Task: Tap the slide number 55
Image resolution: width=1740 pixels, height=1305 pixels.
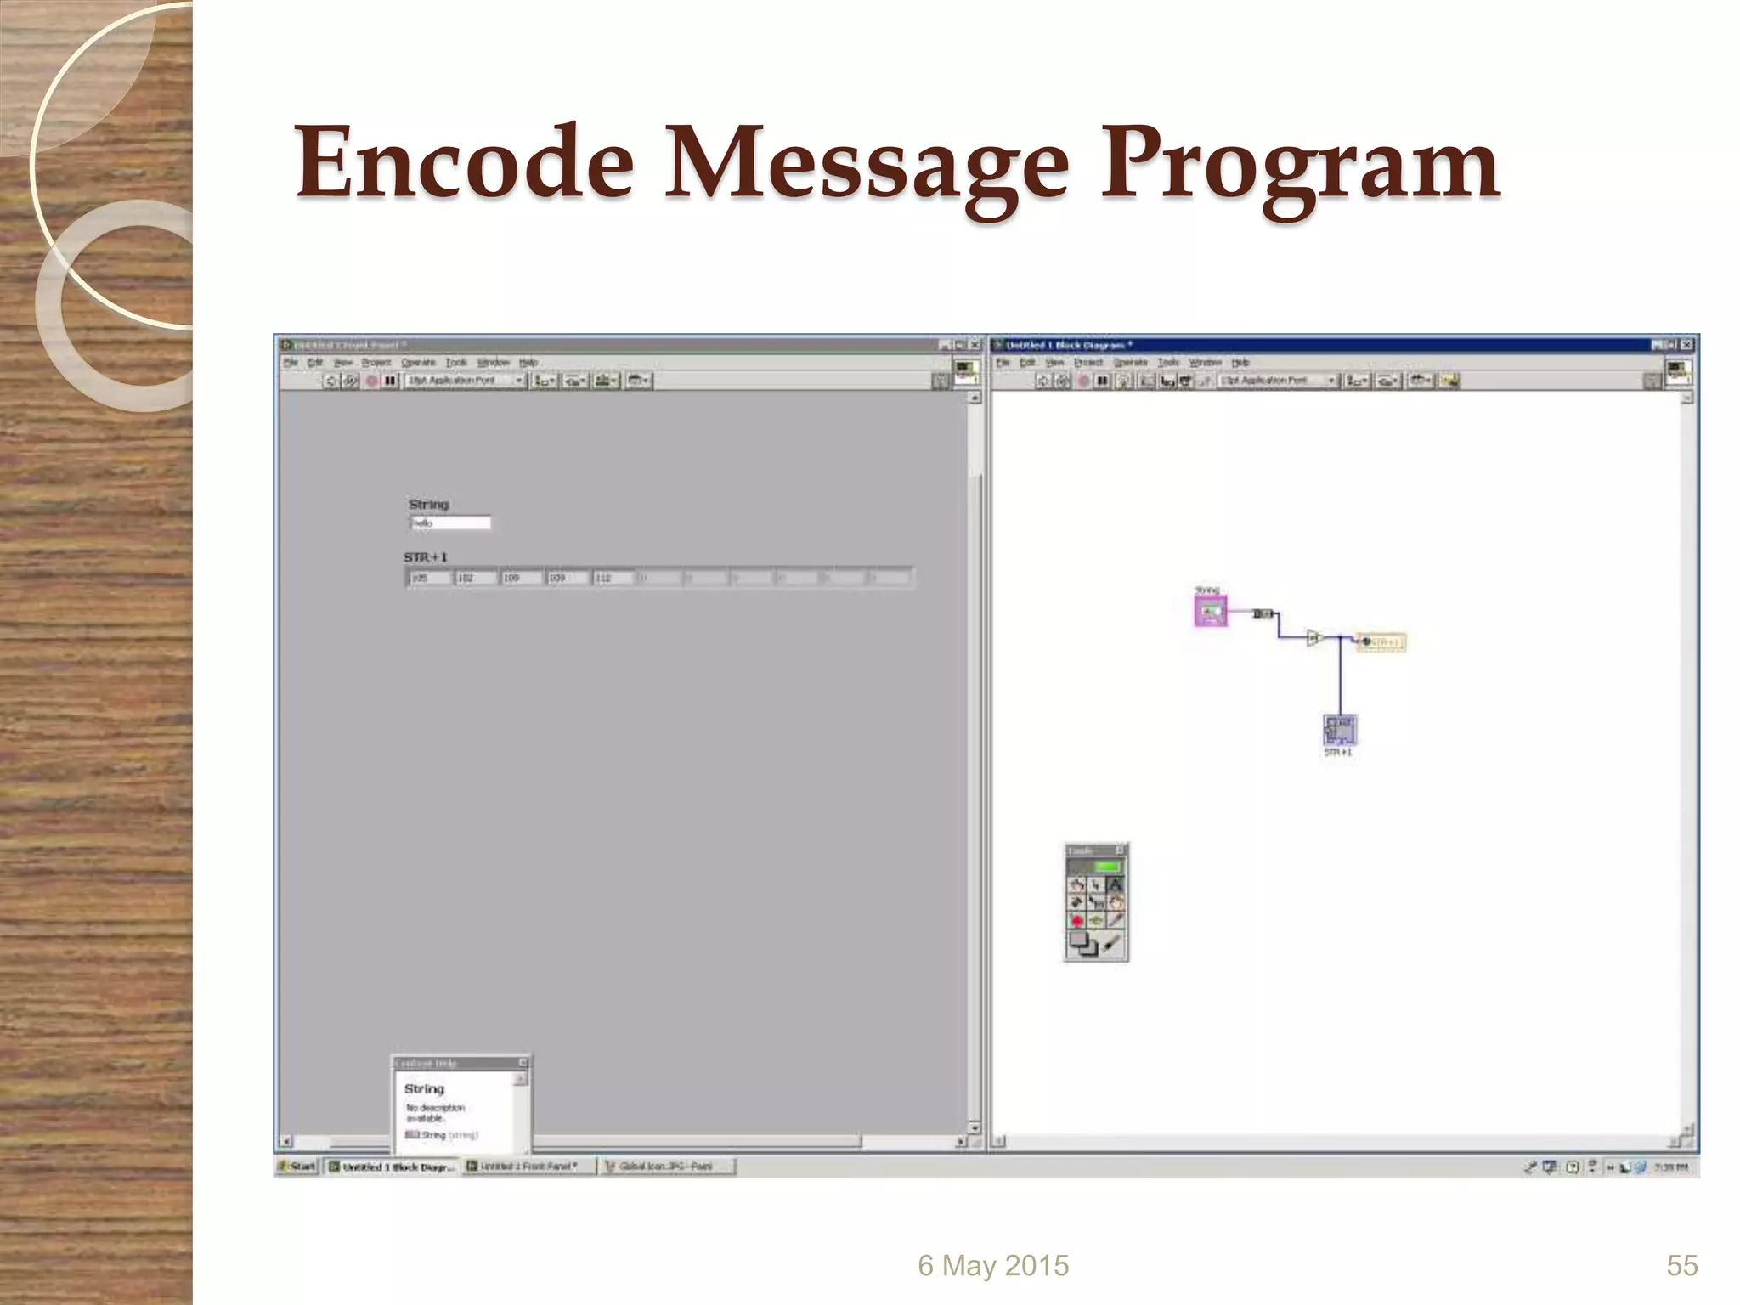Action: pyautogui.click(x=1681, y=1266)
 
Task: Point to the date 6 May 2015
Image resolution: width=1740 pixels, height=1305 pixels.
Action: pyautogui.click(x=992, y=1266)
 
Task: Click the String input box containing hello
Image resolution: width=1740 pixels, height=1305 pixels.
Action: pyautogui.click(x=450, y=523)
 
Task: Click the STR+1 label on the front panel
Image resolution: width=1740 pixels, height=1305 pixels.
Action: pyautogui.click(x=425, y=557)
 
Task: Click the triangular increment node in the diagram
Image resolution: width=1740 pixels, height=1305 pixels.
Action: pyautogui.click(x=1313, y=637)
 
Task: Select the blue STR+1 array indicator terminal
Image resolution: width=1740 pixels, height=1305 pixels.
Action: pyautogui.click(x=1340, y=730)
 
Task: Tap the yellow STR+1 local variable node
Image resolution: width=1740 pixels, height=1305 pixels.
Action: pyautogui.click(x=1382, y=642)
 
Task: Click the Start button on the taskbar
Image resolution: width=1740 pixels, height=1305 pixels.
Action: pyautogui.click(x=298, y=1167)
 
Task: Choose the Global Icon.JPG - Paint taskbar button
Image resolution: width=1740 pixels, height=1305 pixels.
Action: pyautogui.click(x=667, y=1167)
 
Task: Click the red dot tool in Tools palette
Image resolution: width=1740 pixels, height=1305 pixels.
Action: pyautogui.click(x=1077, y=921)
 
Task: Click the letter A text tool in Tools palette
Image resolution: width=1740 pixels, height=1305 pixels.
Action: pyautogui.click(x=1115, y=885)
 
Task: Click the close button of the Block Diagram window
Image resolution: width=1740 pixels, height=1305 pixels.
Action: pyautogui.click(x=1686, y=345)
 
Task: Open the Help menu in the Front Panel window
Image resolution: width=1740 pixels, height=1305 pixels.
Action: pyautogui.click(x=528, y=363)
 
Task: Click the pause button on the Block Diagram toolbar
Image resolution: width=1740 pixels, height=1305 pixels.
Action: pyautogui.click(x=1102, y=381)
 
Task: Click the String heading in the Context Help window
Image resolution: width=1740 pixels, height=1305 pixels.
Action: pyautogui.click(x=424, y=1089)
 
